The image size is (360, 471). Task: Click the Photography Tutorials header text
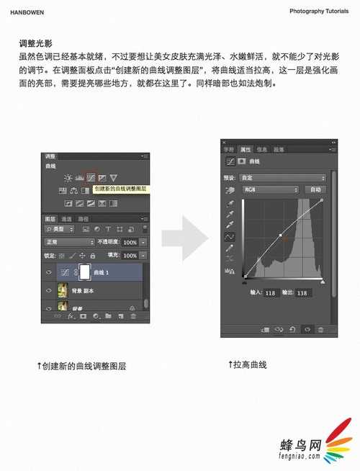[318, 12]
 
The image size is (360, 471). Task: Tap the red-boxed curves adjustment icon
[91, 177]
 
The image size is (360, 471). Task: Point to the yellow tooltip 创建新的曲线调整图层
[120, 189]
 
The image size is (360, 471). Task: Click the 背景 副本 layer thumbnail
[63, 291]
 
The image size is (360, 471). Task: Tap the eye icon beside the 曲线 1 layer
[49, 273]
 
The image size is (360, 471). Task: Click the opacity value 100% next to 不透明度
[130, 243]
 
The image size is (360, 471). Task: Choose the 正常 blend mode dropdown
[69, 243]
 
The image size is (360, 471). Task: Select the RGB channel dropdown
[270, 189]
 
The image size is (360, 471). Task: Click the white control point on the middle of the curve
[280, 235]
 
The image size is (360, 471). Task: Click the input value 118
[271, 292]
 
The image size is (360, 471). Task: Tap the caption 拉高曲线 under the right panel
[249, 364]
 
